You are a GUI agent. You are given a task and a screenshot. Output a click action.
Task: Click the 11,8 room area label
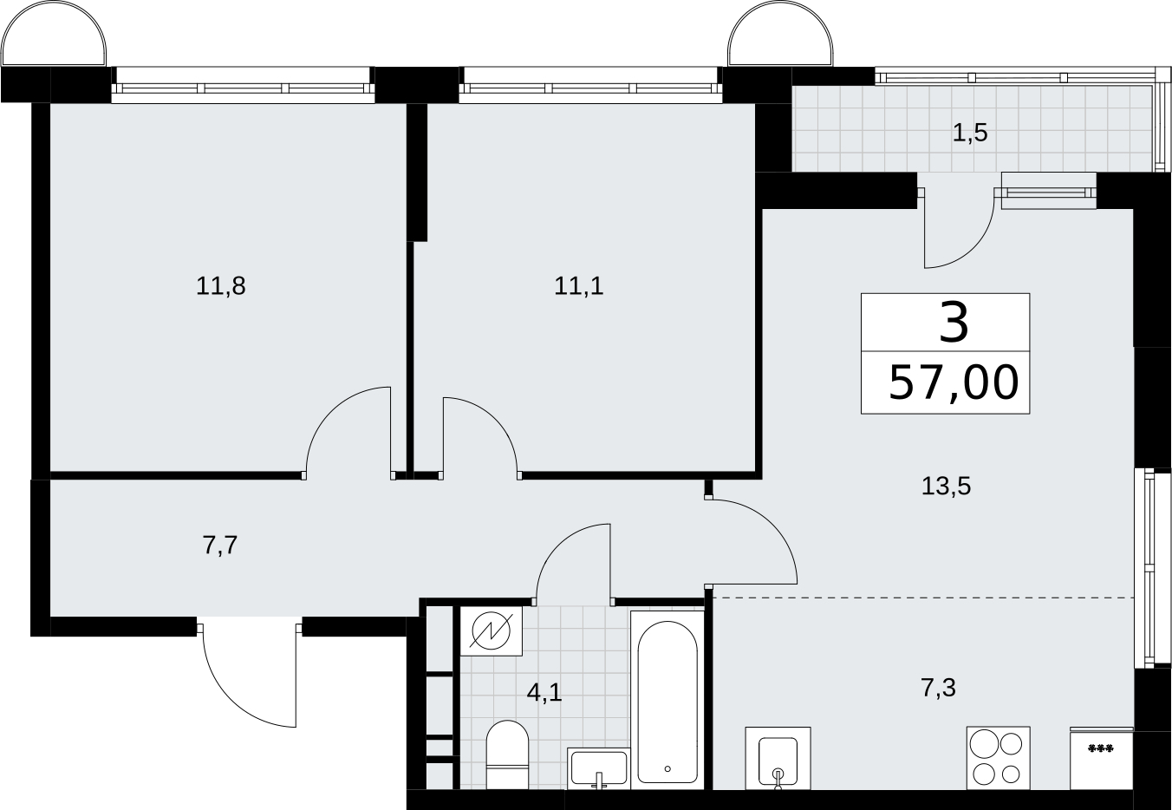click(221, 286)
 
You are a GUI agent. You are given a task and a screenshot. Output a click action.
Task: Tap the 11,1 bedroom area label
click(579, 286)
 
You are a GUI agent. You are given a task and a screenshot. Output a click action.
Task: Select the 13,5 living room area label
click(946, 487)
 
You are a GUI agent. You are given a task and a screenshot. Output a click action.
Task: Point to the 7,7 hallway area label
click(220, 546)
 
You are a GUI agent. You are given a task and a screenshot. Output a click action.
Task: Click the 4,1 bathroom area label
click(544, 693)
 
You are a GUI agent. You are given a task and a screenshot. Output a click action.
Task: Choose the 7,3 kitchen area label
click(938, 688)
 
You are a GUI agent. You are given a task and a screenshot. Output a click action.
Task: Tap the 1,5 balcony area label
click(970, 133)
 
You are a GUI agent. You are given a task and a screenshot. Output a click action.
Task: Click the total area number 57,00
click(954, 383)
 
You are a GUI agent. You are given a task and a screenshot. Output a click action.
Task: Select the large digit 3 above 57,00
click(954, 324)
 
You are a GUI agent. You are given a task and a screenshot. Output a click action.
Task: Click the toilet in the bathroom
click(507, 754)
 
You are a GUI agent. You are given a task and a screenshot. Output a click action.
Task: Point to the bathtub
click(667, 700)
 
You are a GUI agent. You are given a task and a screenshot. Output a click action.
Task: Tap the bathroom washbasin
click(598, 768)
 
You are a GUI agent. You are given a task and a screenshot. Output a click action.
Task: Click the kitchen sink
click(778, 758)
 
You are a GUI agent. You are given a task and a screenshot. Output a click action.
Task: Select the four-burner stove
click(999, 758)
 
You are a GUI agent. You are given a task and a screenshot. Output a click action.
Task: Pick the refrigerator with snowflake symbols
click(1102, 758)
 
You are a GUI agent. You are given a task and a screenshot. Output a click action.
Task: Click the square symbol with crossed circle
click(492, 631)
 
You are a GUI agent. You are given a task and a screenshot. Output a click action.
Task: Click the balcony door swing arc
click(973, 246)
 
